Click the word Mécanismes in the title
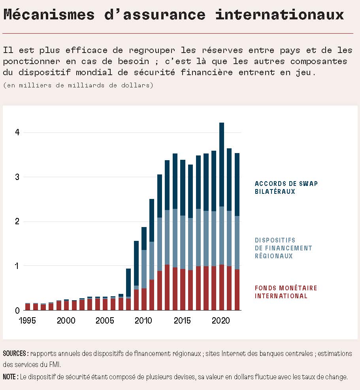pos(49,15)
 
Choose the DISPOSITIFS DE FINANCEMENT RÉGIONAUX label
pos(283,248)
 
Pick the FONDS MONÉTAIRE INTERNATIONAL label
pos(286,292)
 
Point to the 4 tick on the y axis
pos(17,132)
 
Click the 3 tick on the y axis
pos(17,177)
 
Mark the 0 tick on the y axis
pos(17,310)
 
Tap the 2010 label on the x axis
pos(142,320)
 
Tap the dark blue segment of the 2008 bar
pos(128,282)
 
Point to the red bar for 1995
pos(28,307)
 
